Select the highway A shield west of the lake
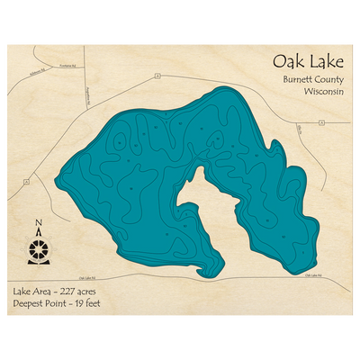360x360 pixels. click(28, 181)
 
